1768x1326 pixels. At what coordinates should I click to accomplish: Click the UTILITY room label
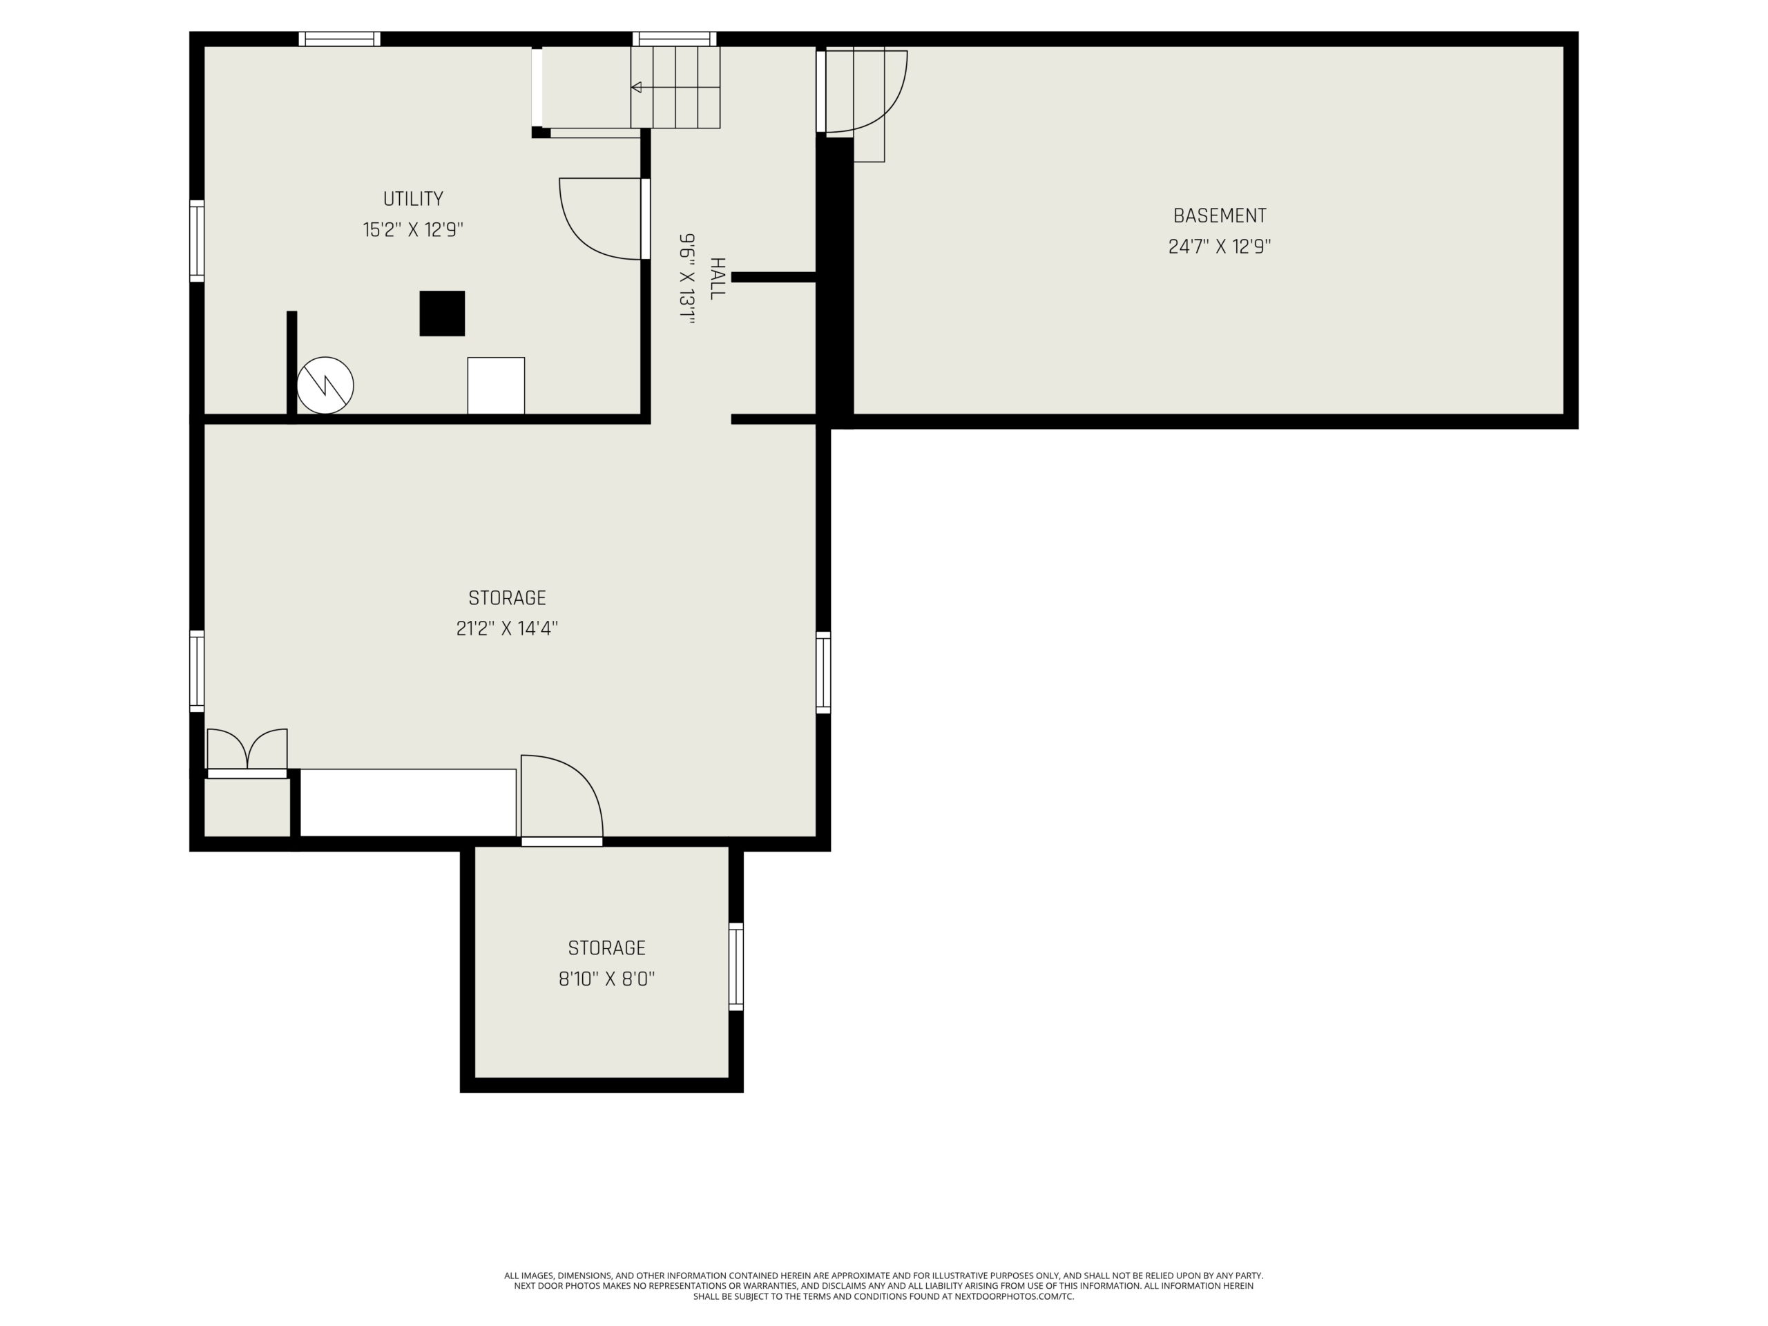point(413,199)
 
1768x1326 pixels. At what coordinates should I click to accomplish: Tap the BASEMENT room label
point(1220,215)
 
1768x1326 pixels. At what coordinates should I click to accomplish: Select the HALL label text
point(717,278)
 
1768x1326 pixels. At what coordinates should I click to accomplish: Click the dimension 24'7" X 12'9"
point(1220,246)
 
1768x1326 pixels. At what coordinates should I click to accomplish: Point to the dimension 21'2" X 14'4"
point(507,628)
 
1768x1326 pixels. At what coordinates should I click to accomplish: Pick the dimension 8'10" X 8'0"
point(606,979)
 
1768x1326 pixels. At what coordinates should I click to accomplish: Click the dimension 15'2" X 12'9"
point(413,230)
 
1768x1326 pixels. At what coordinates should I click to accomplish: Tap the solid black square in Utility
point(442,314)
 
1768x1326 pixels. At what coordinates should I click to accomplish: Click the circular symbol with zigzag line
point(325,385)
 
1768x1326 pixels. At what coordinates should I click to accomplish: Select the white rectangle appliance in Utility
point(497,385)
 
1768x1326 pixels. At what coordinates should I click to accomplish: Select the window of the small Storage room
point(736,966)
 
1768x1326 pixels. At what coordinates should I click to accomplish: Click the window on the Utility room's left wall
point(197,240)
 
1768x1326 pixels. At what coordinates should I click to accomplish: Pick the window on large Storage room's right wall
point(823,672)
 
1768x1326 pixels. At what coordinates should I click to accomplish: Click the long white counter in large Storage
point(407,803)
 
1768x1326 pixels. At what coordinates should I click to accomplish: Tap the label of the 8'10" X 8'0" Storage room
point(606,948)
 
